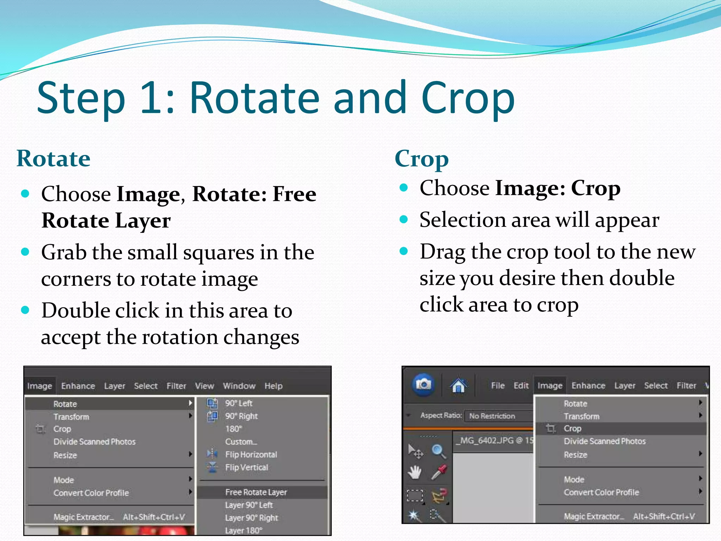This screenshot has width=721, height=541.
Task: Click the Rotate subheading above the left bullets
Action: (x=54, y=158)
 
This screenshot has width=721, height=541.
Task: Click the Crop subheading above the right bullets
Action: (x=421, y=159)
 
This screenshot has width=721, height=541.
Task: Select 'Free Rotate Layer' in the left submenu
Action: (x=256, y=492)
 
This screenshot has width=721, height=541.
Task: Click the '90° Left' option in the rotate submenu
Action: (x=239, y=403)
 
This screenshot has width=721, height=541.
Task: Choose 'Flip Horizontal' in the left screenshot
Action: (x=251, y=454)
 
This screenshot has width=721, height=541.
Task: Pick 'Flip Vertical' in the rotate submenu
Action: (x=246, y=467)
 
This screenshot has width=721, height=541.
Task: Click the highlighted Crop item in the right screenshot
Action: (x=572, y=429)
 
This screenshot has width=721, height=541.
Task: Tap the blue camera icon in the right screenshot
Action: (x=424, y=384)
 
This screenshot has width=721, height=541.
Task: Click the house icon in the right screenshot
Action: (x=458, y=385)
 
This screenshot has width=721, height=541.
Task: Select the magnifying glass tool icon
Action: (x=439, y=451)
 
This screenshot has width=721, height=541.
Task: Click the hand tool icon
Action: (x=415, y=472)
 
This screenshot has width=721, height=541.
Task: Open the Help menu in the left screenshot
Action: (x=274, y=386)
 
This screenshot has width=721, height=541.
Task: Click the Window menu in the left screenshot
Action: (x=239, y=386)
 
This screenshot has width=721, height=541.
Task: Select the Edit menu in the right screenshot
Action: (x=521, y=386)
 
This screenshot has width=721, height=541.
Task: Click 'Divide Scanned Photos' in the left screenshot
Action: (x=94, y=442)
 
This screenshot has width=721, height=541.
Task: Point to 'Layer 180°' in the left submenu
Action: (x=244, y=530)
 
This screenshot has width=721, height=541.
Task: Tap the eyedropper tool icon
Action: (x=439, y=472)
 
